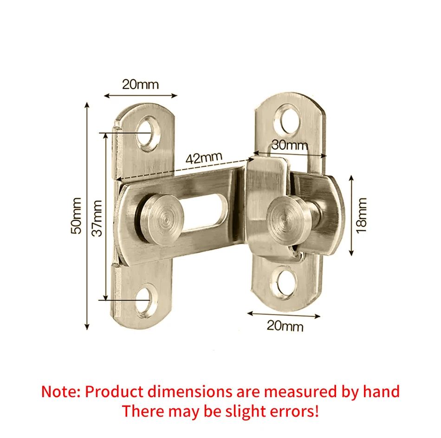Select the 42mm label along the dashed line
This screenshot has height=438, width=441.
point(204,157)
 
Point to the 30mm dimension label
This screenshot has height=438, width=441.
point(290,144)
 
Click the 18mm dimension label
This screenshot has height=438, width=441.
point(362,215)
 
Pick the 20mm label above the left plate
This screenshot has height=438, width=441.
point(140,84)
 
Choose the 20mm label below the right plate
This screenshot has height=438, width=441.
point(285,326)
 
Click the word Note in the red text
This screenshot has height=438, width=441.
point(60,392)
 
